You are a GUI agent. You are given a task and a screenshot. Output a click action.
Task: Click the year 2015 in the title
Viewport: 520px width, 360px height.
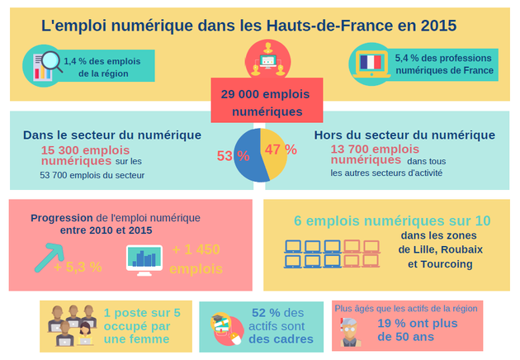(x=437, y=26)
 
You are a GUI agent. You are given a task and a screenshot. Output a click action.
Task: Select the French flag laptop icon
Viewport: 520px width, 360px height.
(x=371, y=64)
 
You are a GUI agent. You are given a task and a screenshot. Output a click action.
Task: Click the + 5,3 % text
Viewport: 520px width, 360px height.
(x=78, y=267)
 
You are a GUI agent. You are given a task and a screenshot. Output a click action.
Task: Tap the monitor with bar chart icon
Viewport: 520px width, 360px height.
(x=144, y=259)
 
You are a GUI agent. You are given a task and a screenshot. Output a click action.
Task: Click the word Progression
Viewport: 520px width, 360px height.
(x=62, y=218)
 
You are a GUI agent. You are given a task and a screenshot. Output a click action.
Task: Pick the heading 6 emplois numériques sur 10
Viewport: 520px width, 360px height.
(x=392, y=221)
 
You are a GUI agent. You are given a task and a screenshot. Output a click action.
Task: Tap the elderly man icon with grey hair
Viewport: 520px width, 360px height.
(x=350, y=330)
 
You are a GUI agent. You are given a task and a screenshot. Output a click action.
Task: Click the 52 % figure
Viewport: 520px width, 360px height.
(x=266, y=313)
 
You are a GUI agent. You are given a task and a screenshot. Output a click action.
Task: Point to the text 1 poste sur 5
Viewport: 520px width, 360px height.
(x=142, y=313)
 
